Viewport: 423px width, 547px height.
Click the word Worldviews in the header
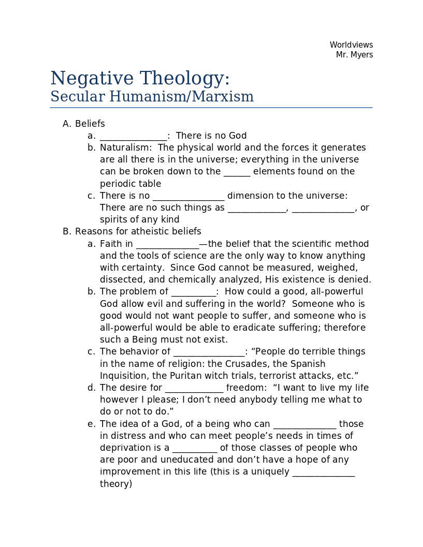351,45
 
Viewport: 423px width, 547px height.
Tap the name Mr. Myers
354,55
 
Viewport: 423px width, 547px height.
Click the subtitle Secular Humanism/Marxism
152,97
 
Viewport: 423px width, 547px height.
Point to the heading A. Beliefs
84,124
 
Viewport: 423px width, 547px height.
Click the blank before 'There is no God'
134,136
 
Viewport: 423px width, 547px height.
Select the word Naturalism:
125,147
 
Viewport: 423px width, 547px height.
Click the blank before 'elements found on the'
237,172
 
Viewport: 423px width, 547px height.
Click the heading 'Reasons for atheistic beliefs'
138,231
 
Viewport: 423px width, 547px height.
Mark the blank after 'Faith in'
167,244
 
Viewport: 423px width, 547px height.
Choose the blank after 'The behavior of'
209,352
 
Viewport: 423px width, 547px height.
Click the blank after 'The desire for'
194,388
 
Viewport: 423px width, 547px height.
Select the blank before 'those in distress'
304,424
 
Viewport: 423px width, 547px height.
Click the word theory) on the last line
116,484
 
